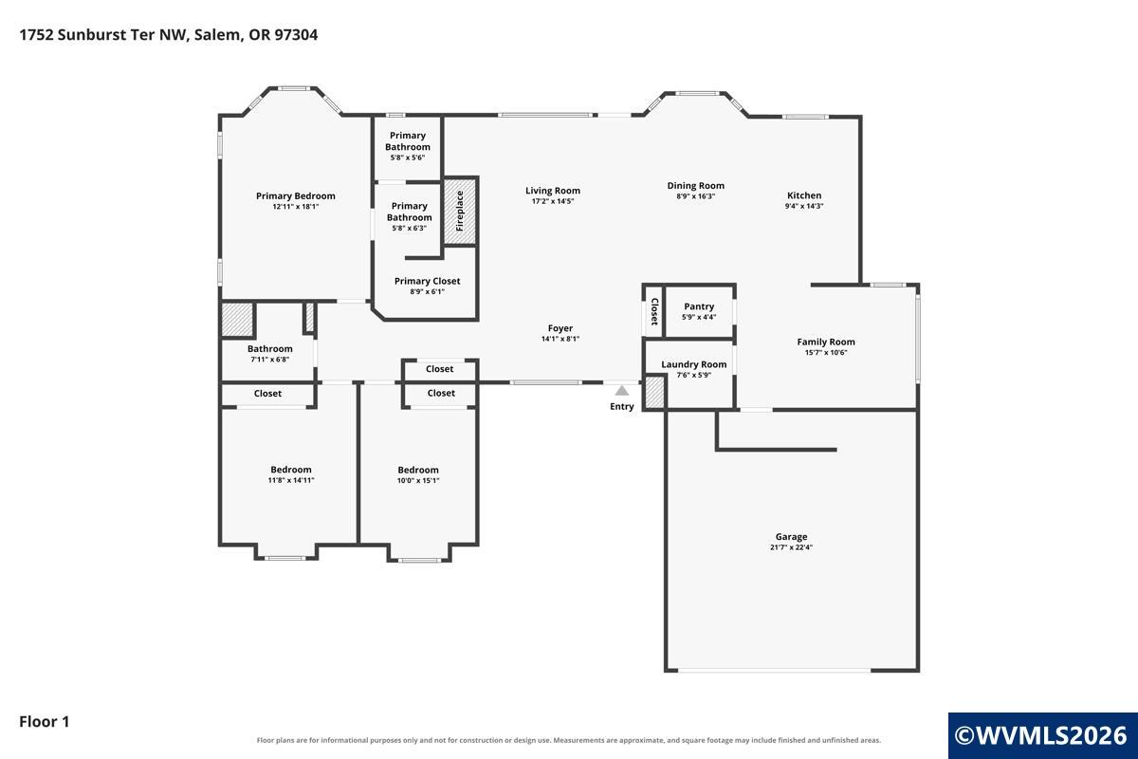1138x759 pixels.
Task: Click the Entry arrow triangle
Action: point(622,391)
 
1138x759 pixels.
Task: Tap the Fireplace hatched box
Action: point(460,211)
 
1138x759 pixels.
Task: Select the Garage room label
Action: point(791,536)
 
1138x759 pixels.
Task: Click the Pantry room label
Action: point(699,306)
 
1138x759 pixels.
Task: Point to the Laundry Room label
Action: point(693,364)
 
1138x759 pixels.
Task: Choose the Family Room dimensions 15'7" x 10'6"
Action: point(826,352)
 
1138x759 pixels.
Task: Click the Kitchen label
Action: point(804,195)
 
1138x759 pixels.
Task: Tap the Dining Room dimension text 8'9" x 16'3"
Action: point(695,196)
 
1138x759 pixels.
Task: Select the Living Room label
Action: point(553,191)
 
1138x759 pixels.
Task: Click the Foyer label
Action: point(560,328)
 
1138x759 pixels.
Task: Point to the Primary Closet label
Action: point(428,281)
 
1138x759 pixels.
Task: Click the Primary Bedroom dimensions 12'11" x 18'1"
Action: point(296,207)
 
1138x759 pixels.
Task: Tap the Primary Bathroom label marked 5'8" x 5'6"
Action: point(408,140)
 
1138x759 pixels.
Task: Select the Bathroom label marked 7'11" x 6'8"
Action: point(269,349)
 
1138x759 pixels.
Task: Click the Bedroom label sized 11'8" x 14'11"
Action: point(290,470)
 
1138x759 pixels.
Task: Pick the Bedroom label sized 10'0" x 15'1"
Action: point(417,470)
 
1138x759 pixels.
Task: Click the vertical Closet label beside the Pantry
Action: point(654,311)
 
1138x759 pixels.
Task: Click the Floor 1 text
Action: point(45,721)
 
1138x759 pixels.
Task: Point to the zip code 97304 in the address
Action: point(296,34)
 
